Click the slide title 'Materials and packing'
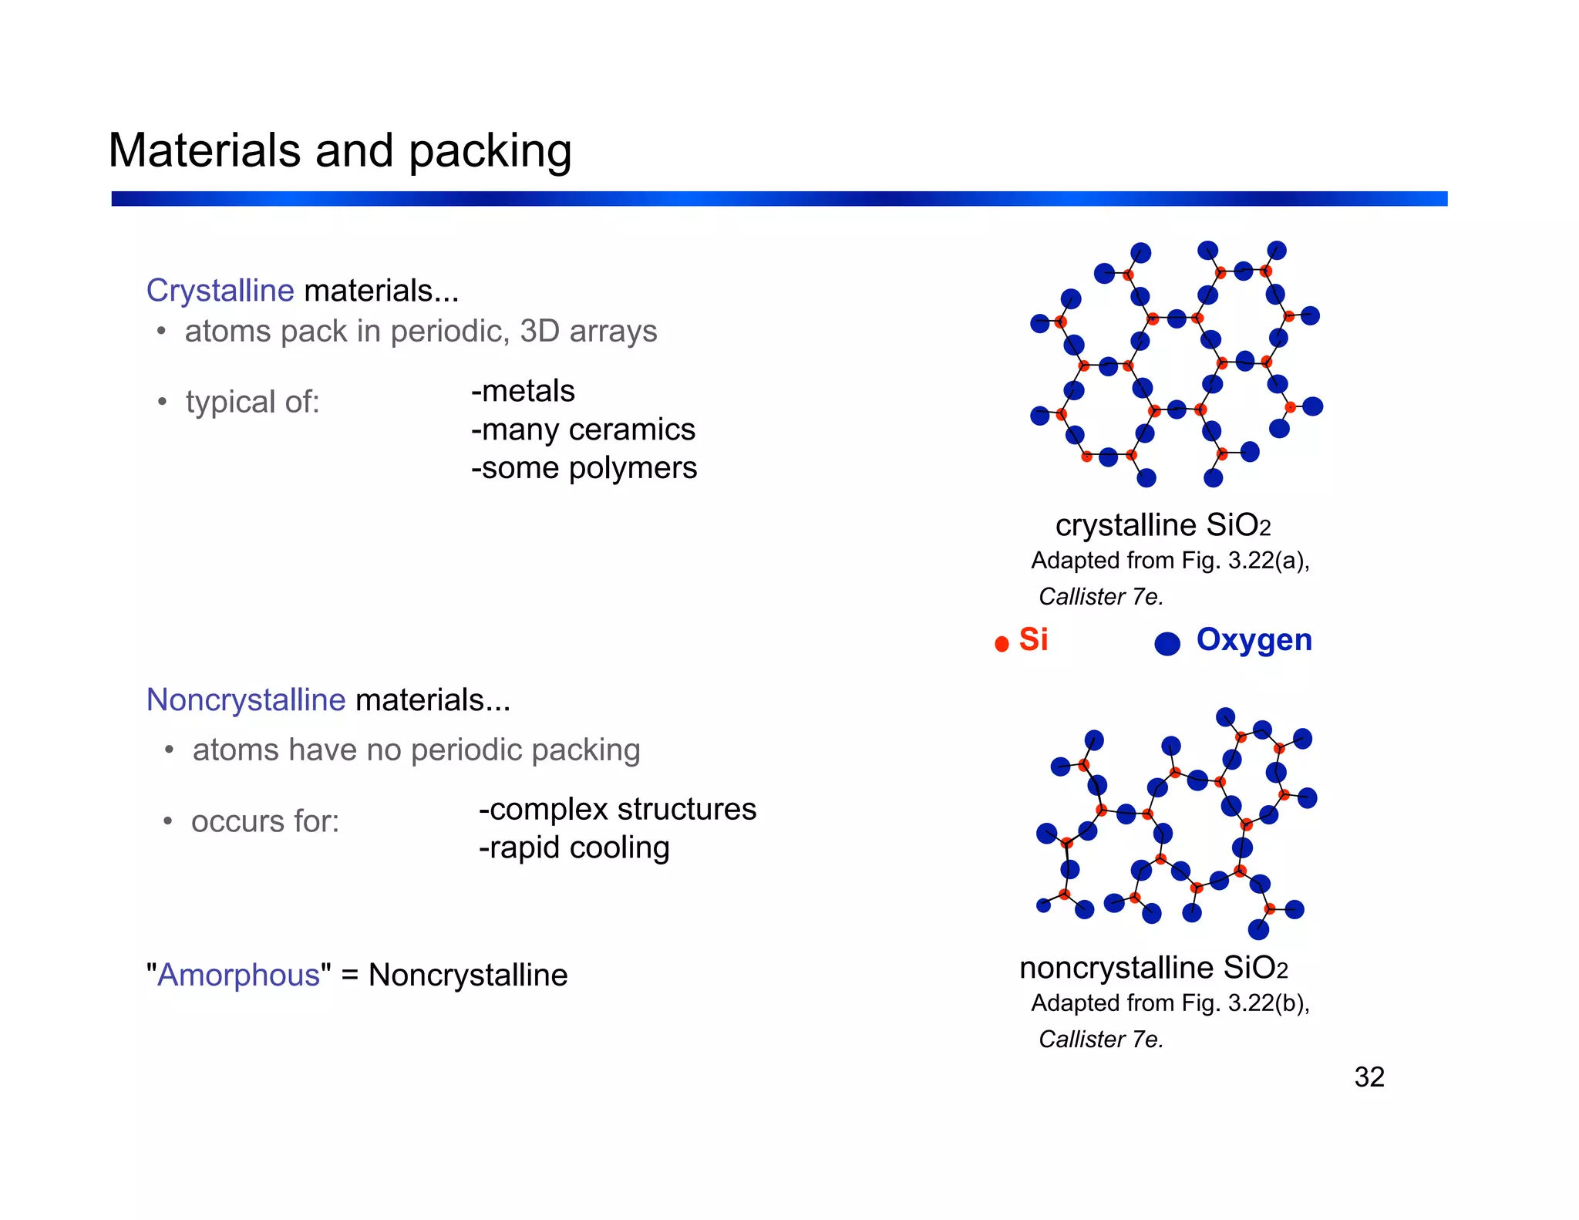[x=339, y=150]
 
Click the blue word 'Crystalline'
[x=221, y=291]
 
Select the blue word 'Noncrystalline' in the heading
[x=246, y=700]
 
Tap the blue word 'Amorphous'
[x=238, y=976]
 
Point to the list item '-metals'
[x=523, y=391]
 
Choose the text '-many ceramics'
[x=583, y=430]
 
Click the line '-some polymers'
[x=584, y=468]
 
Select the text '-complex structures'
[x=617, y=809]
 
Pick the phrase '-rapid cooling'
[x=574, y=848]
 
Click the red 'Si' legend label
[x=1033, y=639]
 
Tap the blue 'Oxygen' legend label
[x=1254, y=640]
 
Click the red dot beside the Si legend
[x=1002, y=644]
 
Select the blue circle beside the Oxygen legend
[x=1167, y=643]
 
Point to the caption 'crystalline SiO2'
[x=1163, y=525]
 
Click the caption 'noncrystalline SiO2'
[x=1153, y=968]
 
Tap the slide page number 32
[x=1369, y=1077]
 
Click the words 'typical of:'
[x=252, y=402]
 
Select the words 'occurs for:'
[x=265, y=821]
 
